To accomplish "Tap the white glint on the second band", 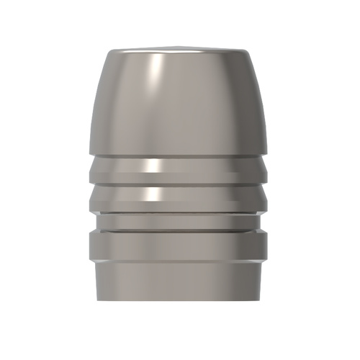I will click(x=150, y=194).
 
